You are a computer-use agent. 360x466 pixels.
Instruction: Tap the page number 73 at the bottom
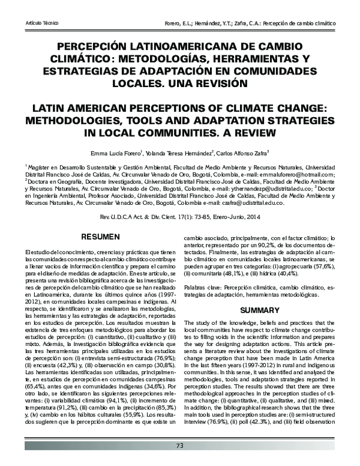tap(179, 445)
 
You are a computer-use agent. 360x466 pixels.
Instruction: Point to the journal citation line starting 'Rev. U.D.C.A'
tap(179, 215)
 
